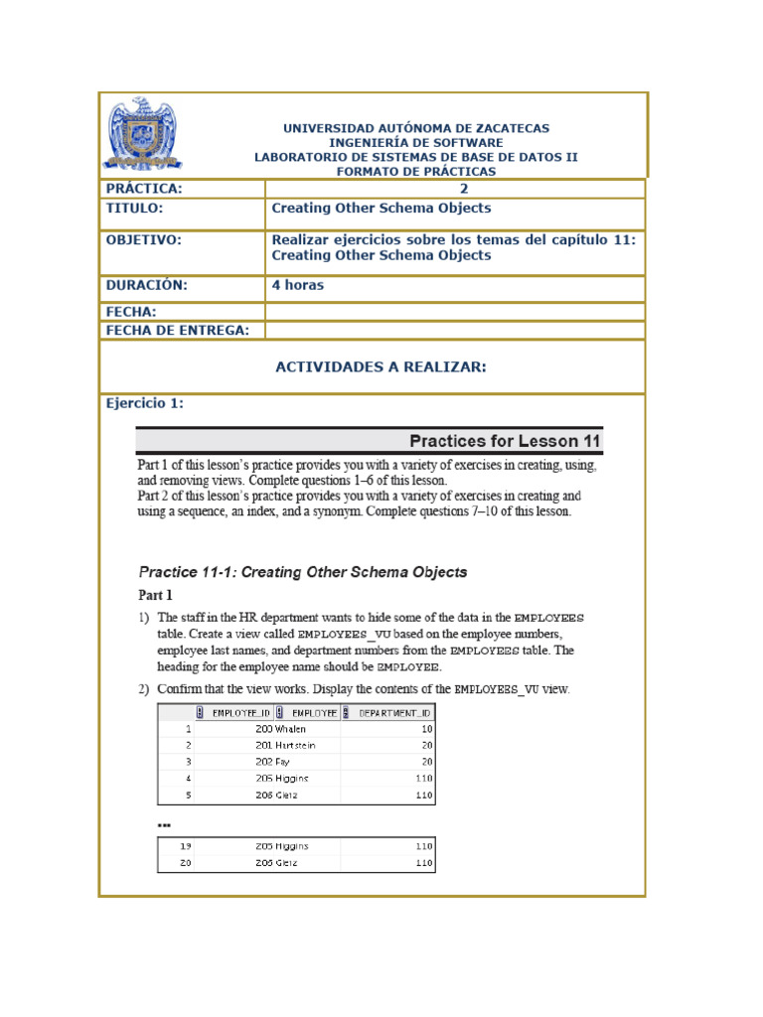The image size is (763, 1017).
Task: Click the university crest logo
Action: pos(144,133)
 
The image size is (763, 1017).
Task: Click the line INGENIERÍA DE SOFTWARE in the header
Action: pos(415,143)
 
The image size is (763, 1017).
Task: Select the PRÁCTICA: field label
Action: pos(145,189)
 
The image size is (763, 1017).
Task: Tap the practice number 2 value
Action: pos(463,189)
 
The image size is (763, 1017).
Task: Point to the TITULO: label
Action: pos(134,209)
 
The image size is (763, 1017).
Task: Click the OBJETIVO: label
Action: pos(144,239)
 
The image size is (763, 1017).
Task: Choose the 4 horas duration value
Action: pos(298,285)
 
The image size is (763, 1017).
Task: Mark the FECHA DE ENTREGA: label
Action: pos(178,331)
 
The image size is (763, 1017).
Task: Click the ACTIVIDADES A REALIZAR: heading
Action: pos(381,366)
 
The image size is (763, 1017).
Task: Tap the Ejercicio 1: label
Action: pos(145,403)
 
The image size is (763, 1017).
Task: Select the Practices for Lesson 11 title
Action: pos(505,441)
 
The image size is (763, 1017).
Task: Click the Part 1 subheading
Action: pos(155,596)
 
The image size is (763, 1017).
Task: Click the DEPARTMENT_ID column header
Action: pos(393,712)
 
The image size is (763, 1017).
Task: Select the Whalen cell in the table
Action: pos(292,728)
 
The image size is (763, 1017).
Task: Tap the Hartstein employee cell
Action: pos(299,744)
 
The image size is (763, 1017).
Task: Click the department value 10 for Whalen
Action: pos(424,728)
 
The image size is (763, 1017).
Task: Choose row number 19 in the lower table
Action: pos(185,846)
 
